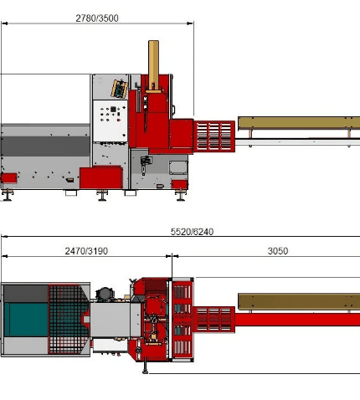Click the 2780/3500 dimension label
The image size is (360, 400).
pyautogui.click(x=97, y=18)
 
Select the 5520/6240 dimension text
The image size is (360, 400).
pyautogui.click(x=192, y=232)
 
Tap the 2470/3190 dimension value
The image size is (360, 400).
pyautogui.click(x=86, y=251)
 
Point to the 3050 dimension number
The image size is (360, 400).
pyautogui.click(x=278, y=251)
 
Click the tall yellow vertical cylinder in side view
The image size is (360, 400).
pyautogui.click(x=153, y=64)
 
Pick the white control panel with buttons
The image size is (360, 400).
pyautogui.click(x=110, y=121)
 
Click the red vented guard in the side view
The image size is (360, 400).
pyautogui.click(x=214, y=136)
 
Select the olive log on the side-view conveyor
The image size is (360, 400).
pyautogui.click(x=299, y=123)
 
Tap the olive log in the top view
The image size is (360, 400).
pyautogui.click(x=299, y=301)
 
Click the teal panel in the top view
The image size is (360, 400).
pyautogui.click(x=26, y=320)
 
